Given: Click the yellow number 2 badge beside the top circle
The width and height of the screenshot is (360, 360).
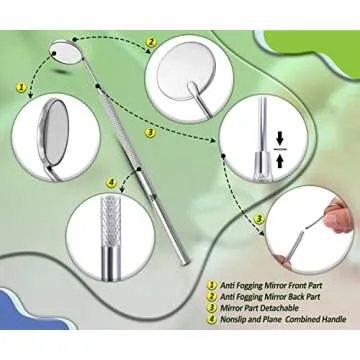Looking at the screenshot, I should pyautogui.click(x=152, y=43).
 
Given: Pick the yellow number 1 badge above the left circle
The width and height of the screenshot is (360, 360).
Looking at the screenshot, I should pyautogui.click(x=20, y=88).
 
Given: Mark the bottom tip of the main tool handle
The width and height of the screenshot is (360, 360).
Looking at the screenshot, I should pyautogui.click(x=184, y=262).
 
